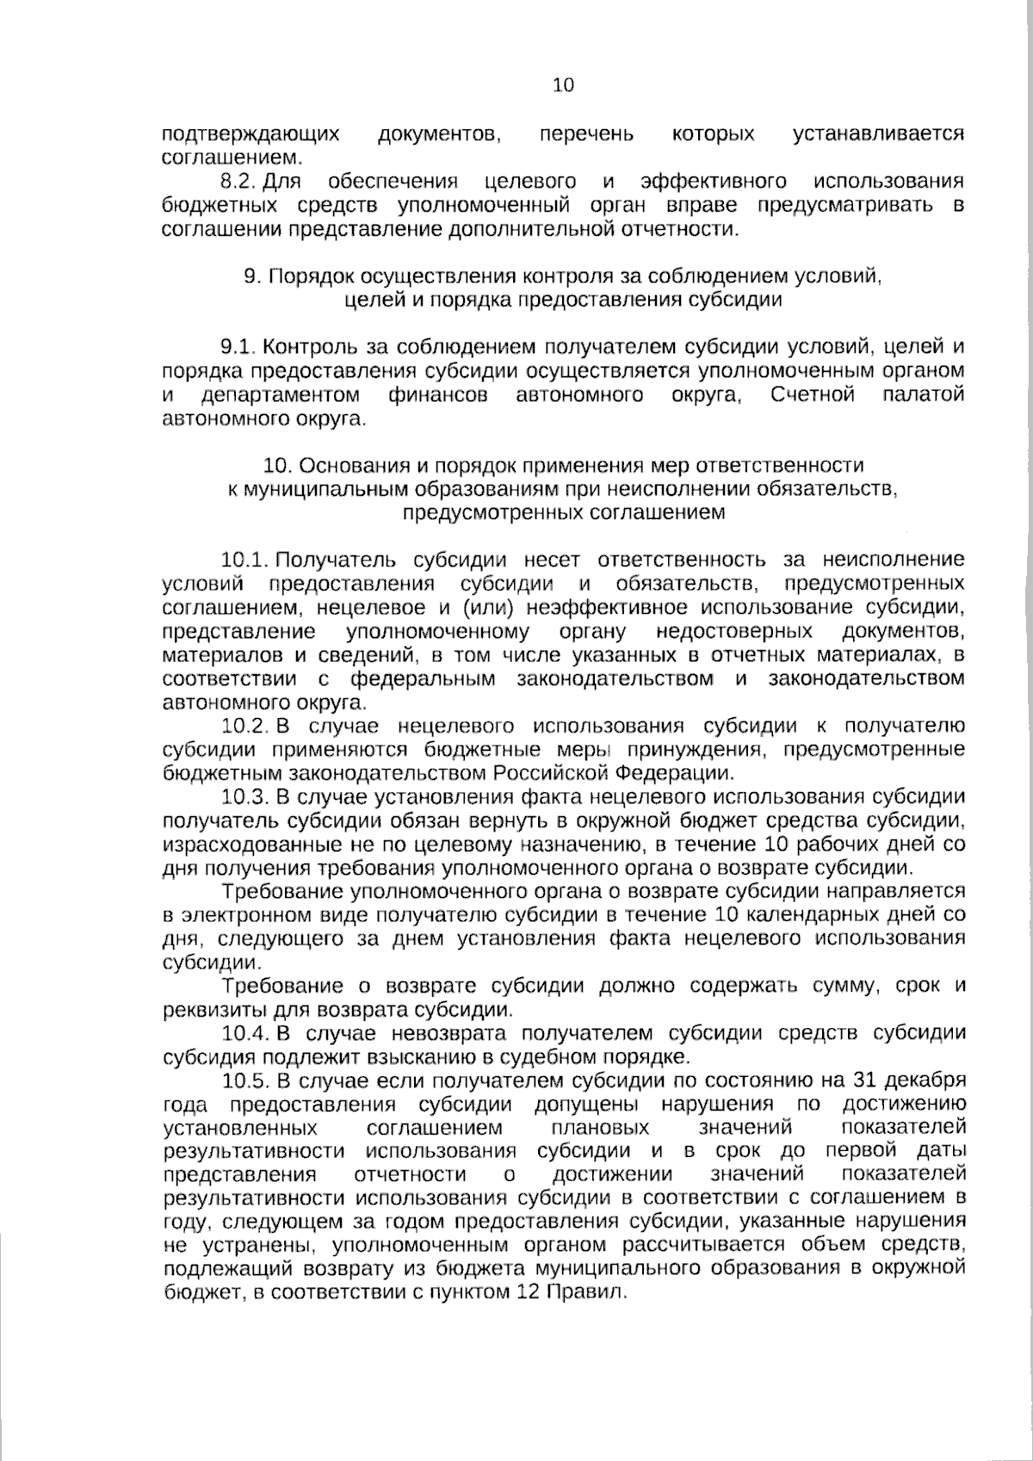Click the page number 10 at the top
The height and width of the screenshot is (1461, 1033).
coord(563,85)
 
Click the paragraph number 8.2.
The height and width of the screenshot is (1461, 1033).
coord(238,182)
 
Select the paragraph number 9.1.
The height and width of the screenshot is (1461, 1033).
coord(238,347)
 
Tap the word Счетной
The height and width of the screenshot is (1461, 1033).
coord(813,395)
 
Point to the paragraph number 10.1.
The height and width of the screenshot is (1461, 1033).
coord(244,560)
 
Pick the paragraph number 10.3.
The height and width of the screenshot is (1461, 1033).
coord(244,796)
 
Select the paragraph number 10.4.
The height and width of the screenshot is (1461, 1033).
coord(244,1032)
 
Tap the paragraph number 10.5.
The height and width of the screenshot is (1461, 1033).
coord(244,1080)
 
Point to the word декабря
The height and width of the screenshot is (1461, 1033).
coord(925,1080)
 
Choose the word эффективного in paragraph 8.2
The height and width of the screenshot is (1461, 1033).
coord(714,182)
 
